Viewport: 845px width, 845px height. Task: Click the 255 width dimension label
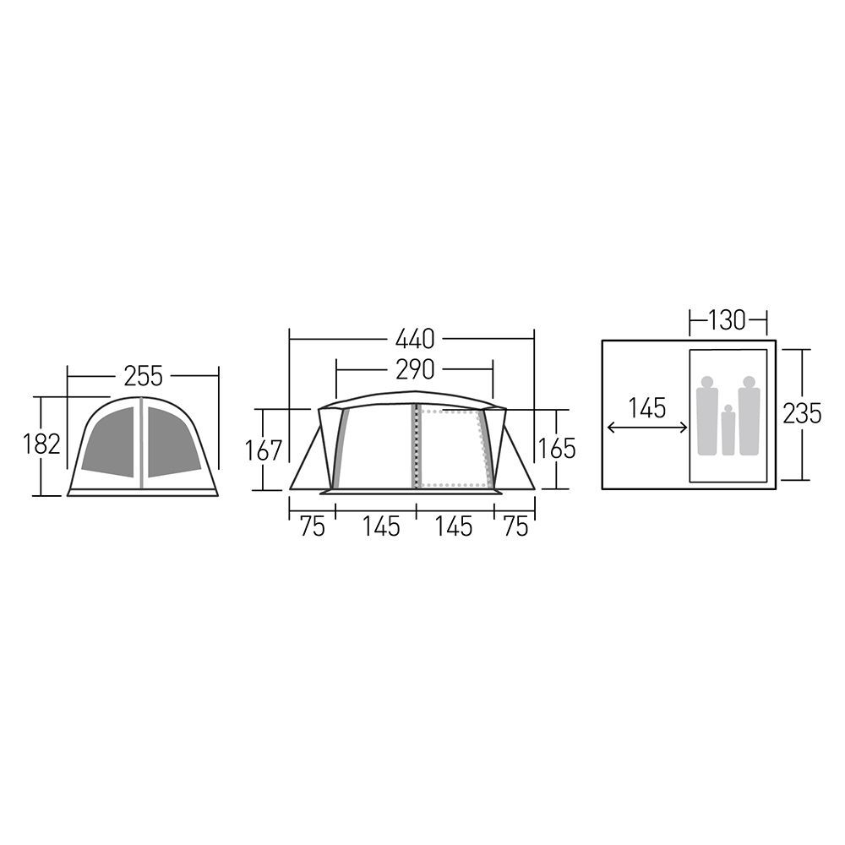(143, 376)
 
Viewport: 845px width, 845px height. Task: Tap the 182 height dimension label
(41, 445)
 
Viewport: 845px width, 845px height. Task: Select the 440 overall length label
(415, 340)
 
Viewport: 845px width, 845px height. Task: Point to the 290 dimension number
(415, 370)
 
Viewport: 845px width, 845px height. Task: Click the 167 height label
(264, 450)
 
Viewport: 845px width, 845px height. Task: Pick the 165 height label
(557, 449)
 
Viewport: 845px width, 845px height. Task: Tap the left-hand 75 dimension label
(313, 526)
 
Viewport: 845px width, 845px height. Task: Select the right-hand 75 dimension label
(515, 526)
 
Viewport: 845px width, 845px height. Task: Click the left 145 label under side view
(381, 526)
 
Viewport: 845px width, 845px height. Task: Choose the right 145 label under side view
(454, 526)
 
